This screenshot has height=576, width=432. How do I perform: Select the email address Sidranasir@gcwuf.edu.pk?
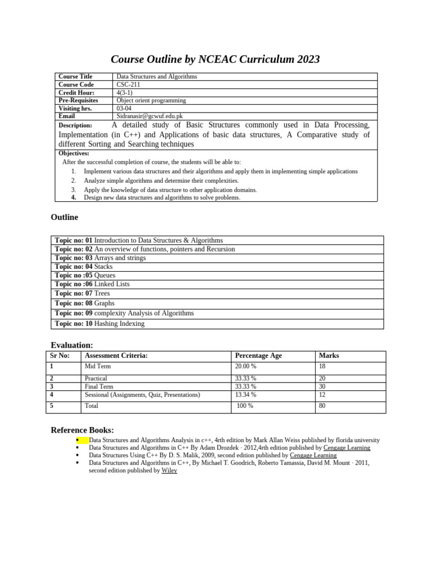(x=150, y=116)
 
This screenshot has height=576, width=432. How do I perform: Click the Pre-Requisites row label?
(x=78, y=100)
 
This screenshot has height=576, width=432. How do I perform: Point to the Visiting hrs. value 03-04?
(x=124, y=108)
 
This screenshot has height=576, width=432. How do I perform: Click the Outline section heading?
(x=65, y=217)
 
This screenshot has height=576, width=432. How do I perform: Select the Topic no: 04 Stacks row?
(x=84, y=267)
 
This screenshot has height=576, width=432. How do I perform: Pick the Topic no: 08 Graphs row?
(x=84, y=303)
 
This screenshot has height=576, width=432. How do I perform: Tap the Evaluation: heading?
(x=72, y=345)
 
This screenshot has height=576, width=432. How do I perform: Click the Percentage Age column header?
(x=258, y=355)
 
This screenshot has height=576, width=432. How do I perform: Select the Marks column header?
(x=329, y=355)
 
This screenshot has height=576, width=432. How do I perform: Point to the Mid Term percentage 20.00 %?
(x=246, y=366)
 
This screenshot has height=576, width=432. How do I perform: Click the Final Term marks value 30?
(x=322, y=386)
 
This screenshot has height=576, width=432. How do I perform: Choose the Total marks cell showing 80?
(x=322, y=405)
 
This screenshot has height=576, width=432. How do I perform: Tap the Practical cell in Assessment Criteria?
(x=96, y=379)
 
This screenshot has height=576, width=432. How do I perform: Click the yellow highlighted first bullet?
(x=81, y=440)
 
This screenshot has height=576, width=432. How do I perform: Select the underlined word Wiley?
(x=169, y=470)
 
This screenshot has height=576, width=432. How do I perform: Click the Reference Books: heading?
(x=82, y=430)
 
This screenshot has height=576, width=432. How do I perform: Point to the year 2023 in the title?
(x=304, y=60)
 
